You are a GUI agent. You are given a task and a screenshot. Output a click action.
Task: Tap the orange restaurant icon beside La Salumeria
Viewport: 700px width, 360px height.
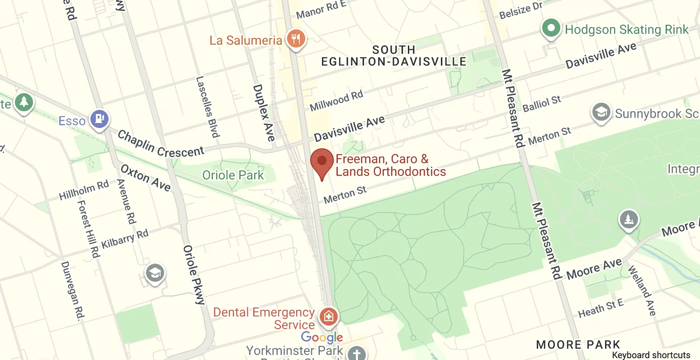[296, 39]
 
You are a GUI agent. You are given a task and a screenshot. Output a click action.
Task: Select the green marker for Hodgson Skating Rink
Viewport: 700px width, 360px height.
[551, 29]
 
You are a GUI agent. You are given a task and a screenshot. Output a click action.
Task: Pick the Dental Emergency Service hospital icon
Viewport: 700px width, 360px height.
[328, 316]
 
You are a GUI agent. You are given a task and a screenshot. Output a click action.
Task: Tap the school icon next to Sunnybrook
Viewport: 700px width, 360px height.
[601, 112]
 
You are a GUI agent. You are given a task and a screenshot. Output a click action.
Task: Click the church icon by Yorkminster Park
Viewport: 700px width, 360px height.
[357, 353]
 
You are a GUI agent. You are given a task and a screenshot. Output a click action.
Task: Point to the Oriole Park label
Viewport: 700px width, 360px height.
[233, 175]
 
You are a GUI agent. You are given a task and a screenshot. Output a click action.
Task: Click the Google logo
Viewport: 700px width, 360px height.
[322, 337]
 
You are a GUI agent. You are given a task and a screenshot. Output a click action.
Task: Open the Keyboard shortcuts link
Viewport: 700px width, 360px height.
[651, 355]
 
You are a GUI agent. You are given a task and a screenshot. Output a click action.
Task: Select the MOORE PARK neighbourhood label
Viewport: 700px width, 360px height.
[578, 345]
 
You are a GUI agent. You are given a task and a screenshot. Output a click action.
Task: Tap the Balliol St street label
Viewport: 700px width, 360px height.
[542, 104]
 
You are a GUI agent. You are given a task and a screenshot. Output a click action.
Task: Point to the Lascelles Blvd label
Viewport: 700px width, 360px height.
[208, 107]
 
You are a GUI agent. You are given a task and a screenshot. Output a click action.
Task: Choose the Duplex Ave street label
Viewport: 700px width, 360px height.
[264, 113]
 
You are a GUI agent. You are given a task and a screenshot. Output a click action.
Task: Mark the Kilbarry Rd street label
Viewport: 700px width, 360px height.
[125, 239]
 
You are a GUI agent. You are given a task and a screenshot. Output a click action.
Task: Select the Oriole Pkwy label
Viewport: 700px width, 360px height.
[194, 275]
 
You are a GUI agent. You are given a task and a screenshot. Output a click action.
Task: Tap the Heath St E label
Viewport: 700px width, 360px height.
[601, 308]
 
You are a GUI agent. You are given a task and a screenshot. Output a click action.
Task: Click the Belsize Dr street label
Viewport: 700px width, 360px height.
[520, 10]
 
